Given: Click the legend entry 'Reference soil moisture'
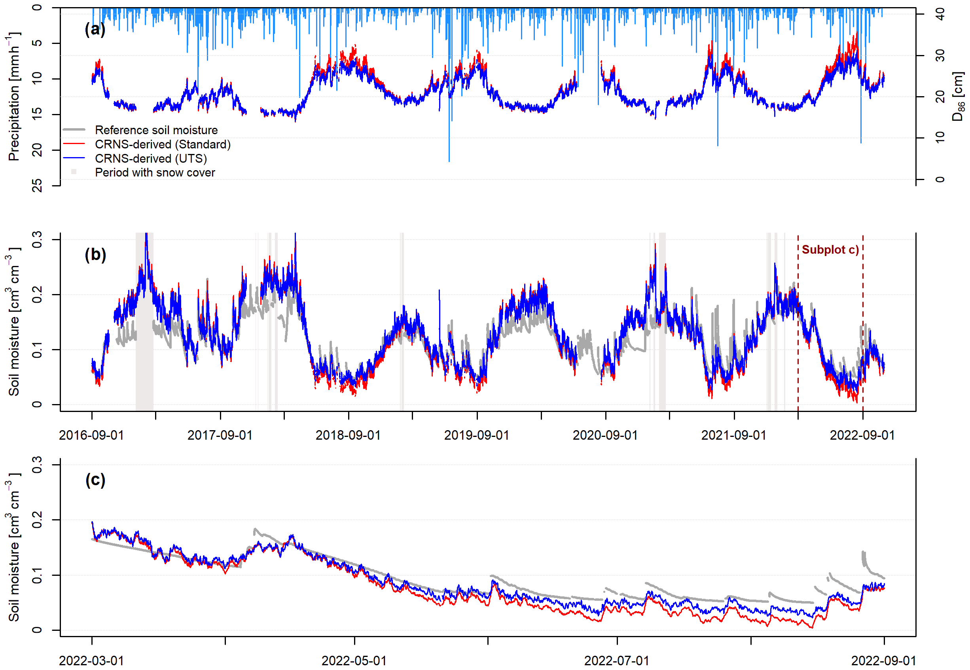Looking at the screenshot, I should click(156, 130).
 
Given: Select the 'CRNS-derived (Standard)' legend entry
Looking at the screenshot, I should click(162, 144).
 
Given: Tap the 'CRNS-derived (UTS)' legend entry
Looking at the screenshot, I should click(151, 159).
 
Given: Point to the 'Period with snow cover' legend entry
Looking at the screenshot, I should click(155, 173).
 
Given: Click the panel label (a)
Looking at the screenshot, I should click(95, 29).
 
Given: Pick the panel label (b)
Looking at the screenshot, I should click(95, 254).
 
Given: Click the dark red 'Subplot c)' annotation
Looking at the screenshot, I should click(830, 250).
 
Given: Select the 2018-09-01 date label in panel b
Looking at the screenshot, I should click(348, 435).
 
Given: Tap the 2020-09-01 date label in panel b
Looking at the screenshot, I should click(605, 435).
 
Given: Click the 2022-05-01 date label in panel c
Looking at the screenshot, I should click(354, 661).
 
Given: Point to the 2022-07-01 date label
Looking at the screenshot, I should click(616, 661).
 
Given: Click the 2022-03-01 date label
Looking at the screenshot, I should click(91, 661).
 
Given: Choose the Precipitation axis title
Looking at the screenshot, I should click(13, 97).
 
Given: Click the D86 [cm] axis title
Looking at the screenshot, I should click(958, 97).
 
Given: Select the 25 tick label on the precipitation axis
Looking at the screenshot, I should click(37, 185).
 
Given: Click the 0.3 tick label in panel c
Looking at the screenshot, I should click(37, 465).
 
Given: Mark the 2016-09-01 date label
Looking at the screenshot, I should click(91, 435).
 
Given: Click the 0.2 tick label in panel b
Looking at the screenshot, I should click(37, 294).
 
